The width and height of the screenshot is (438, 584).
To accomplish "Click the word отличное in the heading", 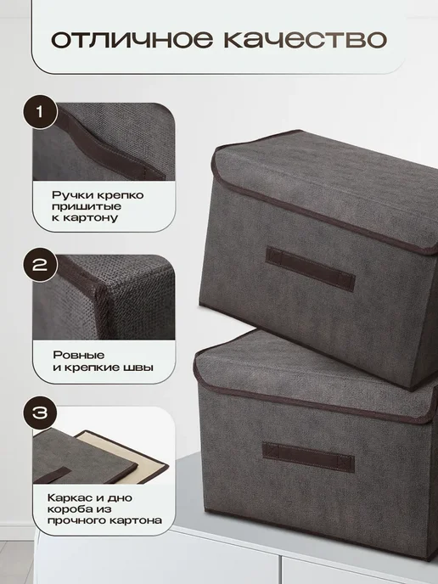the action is tap(132, 40).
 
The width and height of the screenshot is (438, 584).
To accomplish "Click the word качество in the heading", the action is tap(305, 40).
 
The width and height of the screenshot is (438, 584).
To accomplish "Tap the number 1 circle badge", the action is tap(40, 111).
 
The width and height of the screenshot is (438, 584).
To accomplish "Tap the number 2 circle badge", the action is tap(40, 265).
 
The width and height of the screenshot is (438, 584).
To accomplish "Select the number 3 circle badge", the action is tap(40, 413).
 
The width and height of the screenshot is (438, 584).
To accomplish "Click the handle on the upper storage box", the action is tap(310, 268).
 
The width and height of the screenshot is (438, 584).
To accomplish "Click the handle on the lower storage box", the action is tap(308, 457).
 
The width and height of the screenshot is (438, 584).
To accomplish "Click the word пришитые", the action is tap(87, 207).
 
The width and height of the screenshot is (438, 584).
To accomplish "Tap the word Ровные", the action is tap(79, 355).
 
